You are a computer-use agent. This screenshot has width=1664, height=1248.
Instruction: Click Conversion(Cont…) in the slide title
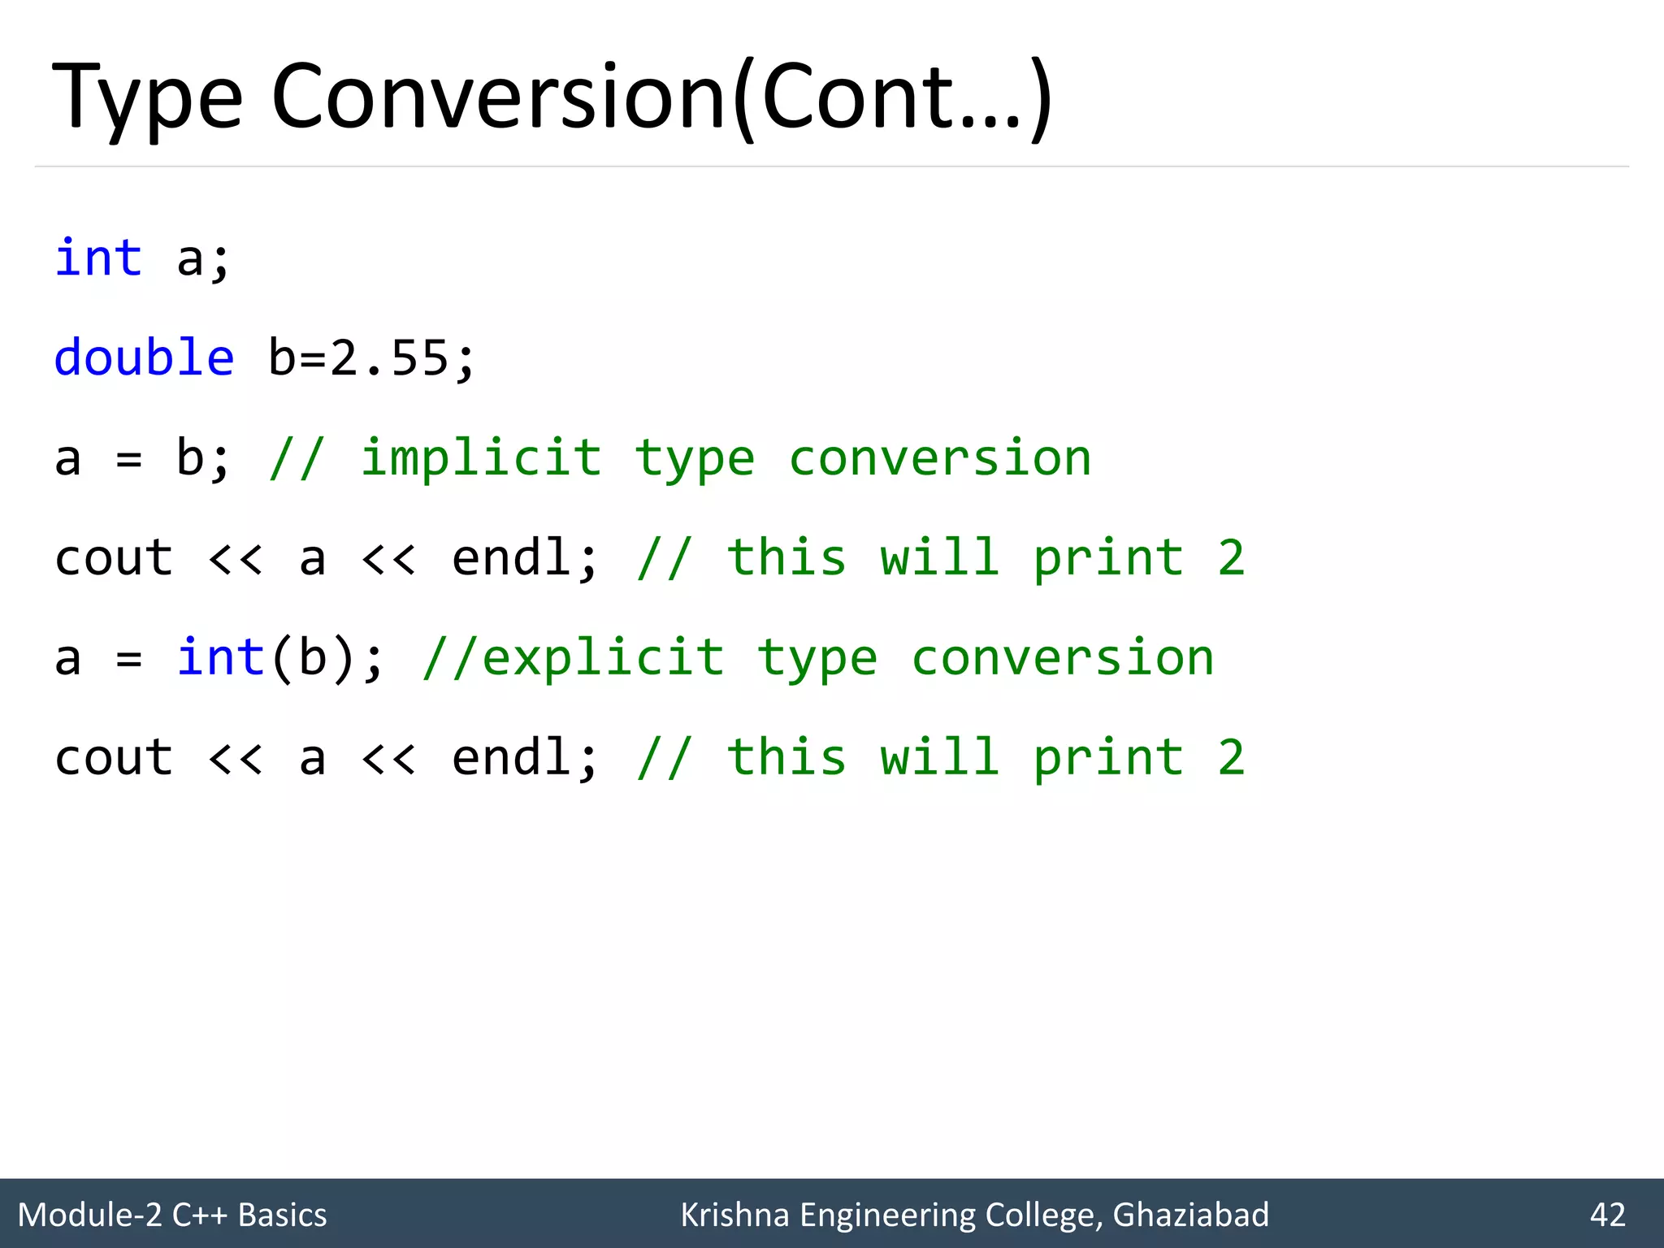pyautogui.click(x=662, y=97)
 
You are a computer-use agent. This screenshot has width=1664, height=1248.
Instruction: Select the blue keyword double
pyautogui.click(x=144, y=357)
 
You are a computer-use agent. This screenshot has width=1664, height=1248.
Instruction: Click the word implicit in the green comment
pyautogui.click(x=481, y=457)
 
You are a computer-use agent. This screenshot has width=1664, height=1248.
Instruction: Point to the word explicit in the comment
pyautogui.click(x=603, y=657)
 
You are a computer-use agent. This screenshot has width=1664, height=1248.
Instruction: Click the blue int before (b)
pyautogui.click(x=220, y=657)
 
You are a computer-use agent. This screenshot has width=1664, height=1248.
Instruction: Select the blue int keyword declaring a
pyautogui.click(x=98, y=258)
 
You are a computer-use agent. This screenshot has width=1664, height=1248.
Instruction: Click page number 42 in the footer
pyautogui.click(x=1608, y=1215)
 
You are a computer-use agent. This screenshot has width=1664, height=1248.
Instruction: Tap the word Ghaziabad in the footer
pyautogui.click(x=1190, y=1215)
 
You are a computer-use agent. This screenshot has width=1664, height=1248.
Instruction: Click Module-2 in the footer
pyautogui.click(x=90, y=1215)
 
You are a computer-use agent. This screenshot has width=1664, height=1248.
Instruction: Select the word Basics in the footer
pyautogui.click(x=282, y=1215)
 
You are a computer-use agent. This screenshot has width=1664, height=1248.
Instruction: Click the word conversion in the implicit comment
pyautogui.click(x=940, y=457)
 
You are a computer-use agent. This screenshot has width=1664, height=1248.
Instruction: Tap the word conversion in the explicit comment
pyautogui.click(x=1063, y=657)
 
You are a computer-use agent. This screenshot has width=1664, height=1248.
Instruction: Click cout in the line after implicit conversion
pyautogui.click(x=114, y=558)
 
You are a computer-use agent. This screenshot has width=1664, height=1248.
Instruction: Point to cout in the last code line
pyautogui.click(x=114, y=757)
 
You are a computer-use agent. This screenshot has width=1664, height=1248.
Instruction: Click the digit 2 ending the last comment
pyautogui.click(x=1231, y=757)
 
